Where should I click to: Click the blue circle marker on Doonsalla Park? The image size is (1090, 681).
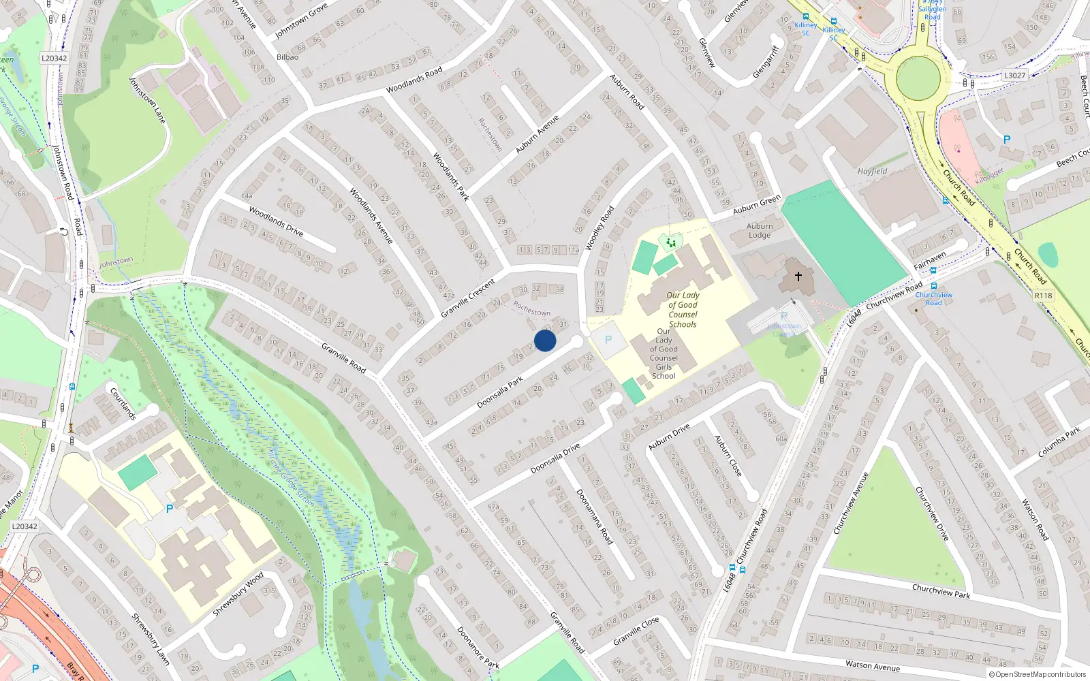tap(545, 340)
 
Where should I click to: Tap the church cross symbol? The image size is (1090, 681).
tap(798, 276)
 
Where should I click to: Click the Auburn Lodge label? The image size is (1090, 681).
tap(760, 231)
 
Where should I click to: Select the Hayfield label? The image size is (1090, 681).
tap(872, 172)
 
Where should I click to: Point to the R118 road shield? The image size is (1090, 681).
tap(1043, 296)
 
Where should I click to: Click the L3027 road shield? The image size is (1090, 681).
tap(1014, 76)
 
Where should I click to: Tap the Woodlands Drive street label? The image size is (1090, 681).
tap(276, 221)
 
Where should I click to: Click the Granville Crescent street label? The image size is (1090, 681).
tap(468, 298)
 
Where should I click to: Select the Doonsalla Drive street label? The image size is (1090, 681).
tap(555, 458)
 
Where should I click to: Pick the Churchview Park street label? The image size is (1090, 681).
tap(941, 590)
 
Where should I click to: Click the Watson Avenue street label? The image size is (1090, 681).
tap(873, 665)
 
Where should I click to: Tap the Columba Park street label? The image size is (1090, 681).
tap(1059, 442)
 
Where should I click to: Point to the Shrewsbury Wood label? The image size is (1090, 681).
tap(238, 594)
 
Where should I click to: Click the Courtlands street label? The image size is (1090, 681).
tap(123, 403)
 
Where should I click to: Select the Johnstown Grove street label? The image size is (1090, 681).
tap(301, 20)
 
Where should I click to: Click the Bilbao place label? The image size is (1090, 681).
tap(287, 57)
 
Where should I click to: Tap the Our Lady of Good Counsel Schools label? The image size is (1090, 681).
tap(683, 310)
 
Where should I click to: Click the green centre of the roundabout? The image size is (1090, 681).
tap(918, 77)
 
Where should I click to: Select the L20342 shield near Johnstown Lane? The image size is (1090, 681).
tap(54, 58)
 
